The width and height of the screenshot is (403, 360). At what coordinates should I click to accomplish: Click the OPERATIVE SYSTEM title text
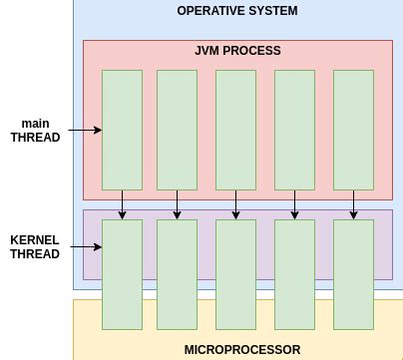click(236, 11)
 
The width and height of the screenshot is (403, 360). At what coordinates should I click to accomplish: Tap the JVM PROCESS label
click(237, 51)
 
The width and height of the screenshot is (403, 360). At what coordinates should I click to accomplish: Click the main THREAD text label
click(35, 131)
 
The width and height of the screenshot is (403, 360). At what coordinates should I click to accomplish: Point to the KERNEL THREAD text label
click(35, 247)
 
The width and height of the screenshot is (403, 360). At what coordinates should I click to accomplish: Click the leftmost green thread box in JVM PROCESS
click(122, 130)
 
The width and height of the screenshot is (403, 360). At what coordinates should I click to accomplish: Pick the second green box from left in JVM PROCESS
click(177, 130)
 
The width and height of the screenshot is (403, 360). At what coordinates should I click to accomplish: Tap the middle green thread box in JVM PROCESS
click(236, 130)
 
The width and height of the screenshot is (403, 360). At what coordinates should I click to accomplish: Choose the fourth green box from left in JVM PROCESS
click(294, 130)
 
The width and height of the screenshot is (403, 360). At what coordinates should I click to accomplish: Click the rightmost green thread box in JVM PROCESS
click(353, 130)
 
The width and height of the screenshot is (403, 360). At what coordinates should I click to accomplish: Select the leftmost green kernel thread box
click(122, 274)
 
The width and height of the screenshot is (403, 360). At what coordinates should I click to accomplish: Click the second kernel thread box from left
click(177, 274)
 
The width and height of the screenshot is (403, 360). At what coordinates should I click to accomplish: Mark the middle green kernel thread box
click(236, 274)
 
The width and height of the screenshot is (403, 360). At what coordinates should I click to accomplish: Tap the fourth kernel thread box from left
click(294, 274)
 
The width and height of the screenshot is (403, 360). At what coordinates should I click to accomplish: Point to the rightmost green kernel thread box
click(353, 274)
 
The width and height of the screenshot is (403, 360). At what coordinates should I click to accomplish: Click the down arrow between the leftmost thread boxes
click(122, 204)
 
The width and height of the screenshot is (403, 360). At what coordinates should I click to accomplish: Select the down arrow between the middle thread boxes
click(236, 204)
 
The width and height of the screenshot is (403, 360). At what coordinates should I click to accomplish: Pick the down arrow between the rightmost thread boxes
click(353, 204)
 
